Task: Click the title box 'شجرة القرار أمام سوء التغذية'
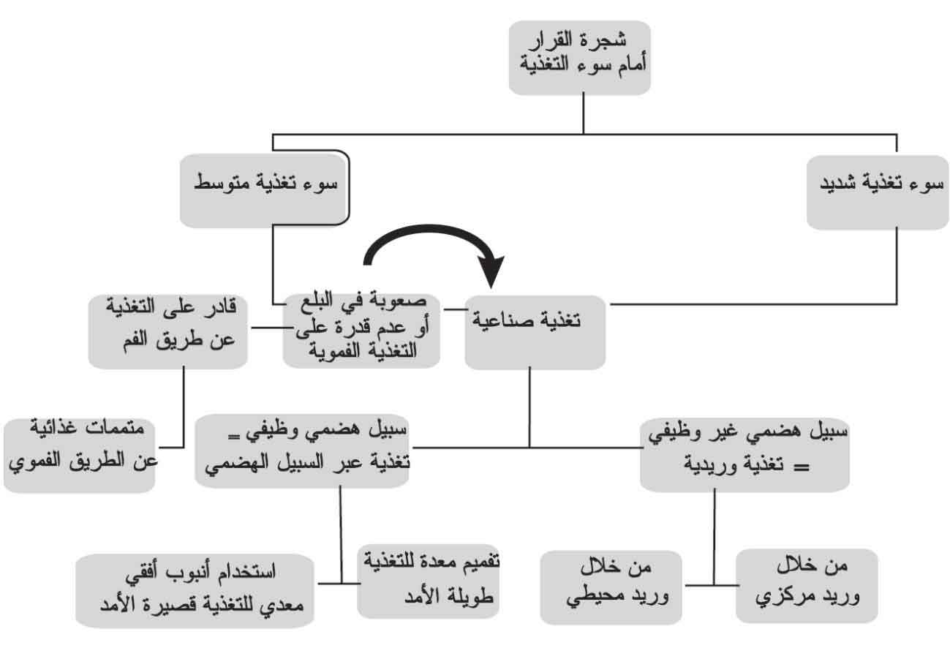coord(580,58)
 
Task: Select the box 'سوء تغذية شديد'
coord(878,192)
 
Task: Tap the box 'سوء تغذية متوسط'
coord(264,191)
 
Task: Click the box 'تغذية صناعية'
coord(535,333)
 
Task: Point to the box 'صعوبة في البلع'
coord(361,331)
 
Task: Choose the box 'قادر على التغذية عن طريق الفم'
coord(168,331)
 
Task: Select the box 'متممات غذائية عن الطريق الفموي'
coord(79,456)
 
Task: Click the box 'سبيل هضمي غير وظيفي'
coord(744,456)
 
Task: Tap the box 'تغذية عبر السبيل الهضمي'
coord(302,451)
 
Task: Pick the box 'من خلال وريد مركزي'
coord(807,586)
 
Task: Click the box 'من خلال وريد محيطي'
coord(611,588)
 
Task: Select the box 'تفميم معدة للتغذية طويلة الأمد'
coord(429,581)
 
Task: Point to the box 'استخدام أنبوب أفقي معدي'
coord(195,591)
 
